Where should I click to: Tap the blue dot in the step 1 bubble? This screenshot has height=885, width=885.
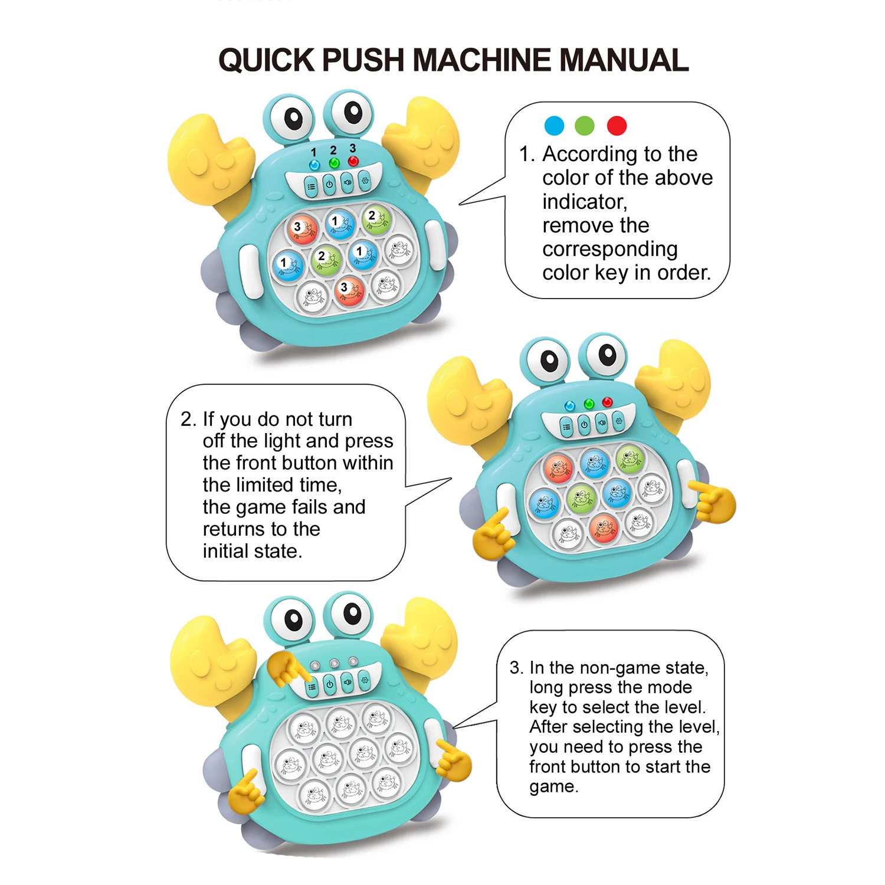[554, 125]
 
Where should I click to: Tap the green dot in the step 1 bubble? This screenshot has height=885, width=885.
[585, 125]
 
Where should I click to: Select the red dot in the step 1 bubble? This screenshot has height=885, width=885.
[617, 125]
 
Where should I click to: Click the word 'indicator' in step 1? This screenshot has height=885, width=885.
[584, 202]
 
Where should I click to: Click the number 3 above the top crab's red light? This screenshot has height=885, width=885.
[352, 148]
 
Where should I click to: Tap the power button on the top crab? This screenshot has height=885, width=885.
[329, 185]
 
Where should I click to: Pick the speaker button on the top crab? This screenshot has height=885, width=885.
[348, 182]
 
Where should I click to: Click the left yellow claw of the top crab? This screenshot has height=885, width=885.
[204, 159]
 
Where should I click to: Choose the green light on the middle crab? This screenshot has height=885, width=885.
[588, 404]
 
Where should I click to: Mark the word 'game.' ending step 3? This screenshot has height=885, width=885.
[553, 786]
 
